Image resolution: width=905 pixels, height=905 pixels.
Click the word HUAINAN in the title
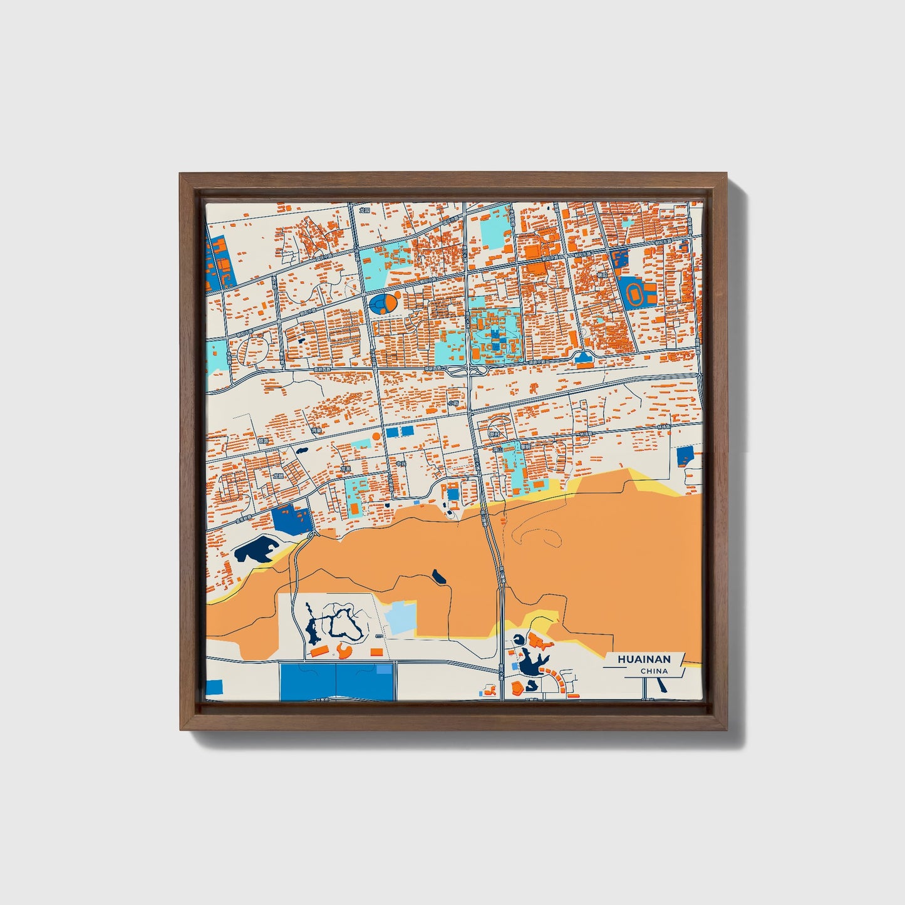click(644, 659)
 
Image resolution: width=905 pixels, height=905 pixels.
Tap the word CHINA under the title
click(654, 671)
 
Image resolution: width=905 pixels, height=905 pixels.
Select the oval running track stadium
click(634, 292)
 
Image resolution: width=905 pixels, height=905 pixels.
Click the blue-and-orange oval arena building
click(383, 304)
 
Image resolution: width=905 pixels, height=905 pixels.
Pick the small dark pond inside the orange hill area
click(439, 576)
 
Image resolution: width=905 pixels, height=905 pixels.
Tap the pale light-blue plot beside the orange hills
click(399, 618)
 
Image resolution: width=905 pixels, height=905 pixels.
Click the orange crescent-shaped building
click(344, 651)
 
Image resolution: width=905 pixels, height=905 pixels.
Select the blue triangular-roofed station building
click(584, 358)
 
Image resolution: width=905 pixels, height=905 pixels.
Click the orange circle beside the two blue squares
click(375, 435)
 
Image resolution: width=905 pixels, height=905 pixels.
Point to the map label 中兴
click(401, 465)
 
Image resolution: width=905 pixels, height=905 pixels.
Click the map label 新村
click(494, 433)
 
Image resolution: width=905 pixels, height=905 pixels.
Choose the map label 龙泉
click(344, 468)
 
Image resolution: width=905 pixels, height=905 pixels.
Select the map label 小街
click(452, 403)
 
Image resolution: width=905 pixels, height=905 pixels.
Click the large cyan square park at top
click(495, 233)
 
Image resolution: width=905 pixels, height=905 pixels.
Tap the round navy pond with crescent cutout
click(519, 639)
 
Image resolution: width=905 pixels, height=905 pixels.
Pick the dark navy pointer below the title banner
click(663, 685)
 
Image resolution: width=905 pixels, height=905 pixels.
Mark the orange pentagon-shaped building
click(537, 641)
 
